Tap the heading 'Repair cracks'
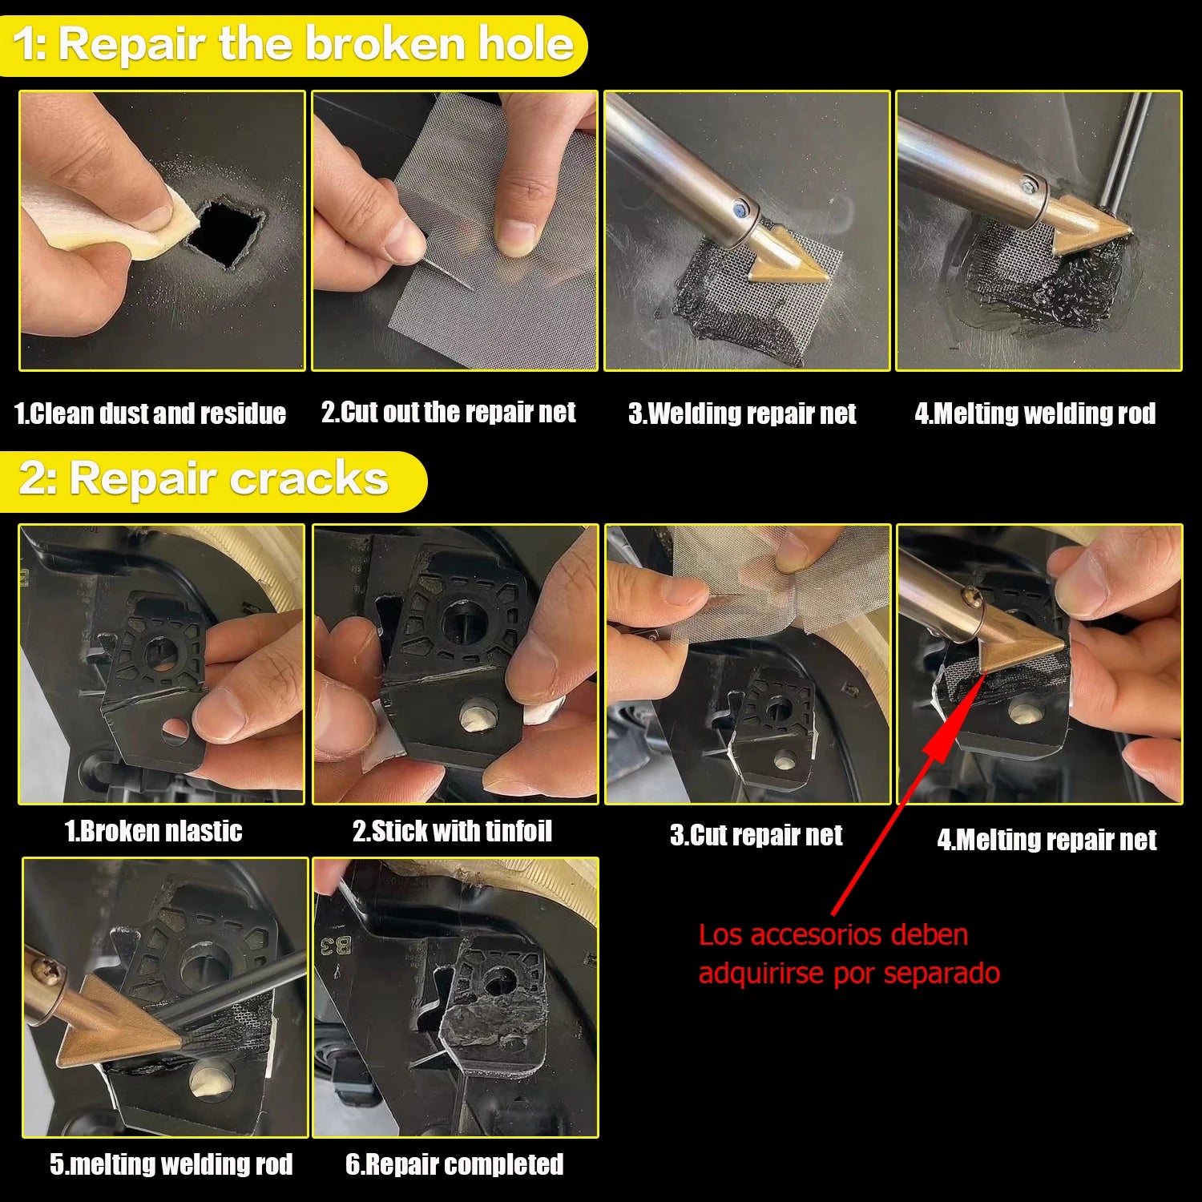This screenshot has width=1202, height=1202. (x=205, y=479)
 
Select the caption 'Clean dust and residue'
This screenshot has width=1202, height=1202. (x=151, y=413)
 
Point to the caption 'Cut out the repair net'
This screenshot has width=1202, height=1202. (x=449, y=412)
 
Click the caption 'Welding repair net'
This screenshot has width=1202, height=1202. (x=742, y=413)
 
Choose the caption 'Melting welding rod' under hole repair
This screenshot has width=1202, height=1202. (x=1035, y=413)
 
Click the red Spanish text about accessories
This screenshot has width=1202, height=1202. (x=849, y=954)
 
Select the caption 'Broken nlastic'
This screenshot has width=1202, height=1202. (x=154, y=831)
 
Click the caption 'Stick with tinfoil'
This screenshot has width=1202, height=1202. (x=453, y=831)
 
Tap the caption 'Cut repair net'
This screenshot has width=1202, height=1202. (x=756, y=835)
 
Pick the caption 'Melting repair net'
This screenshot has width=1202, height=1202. (x=1047, y=840)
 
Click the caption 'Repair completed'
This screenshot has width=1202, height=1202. (x=454, y=1164)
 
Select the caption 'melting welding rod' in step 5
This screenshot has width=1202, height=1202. (x=171, y=1164)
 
